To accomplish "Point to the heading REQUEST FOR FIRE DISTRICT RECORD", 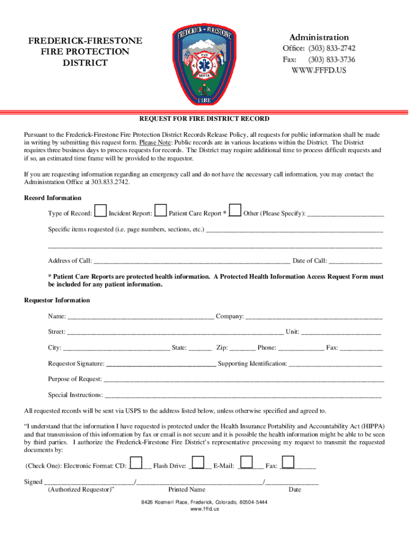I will (x=204, y=119).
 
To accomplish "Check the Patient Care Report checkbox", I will (x=161, y=211).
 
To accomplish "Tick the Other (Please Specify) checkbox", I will (x=236, y=211).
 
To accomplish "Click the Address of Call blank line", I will (x=191, y=261).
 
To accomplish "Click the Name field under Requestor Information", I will (x=141, y=317).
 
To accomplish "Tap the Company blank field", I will (x=314, y=317).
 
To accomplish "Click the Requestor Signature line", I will (x=161, y=364).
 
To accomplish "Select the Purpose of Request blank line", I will (x=243, y=380).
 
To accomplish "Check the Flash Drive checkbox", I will (x=198, y=462).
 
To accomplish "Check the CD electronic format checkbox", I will (x=137, y=462).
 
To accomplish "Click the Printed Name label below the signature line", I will (x=186, y=489).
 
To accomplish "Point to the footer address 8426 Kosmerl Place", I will (x=204, y=502).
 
